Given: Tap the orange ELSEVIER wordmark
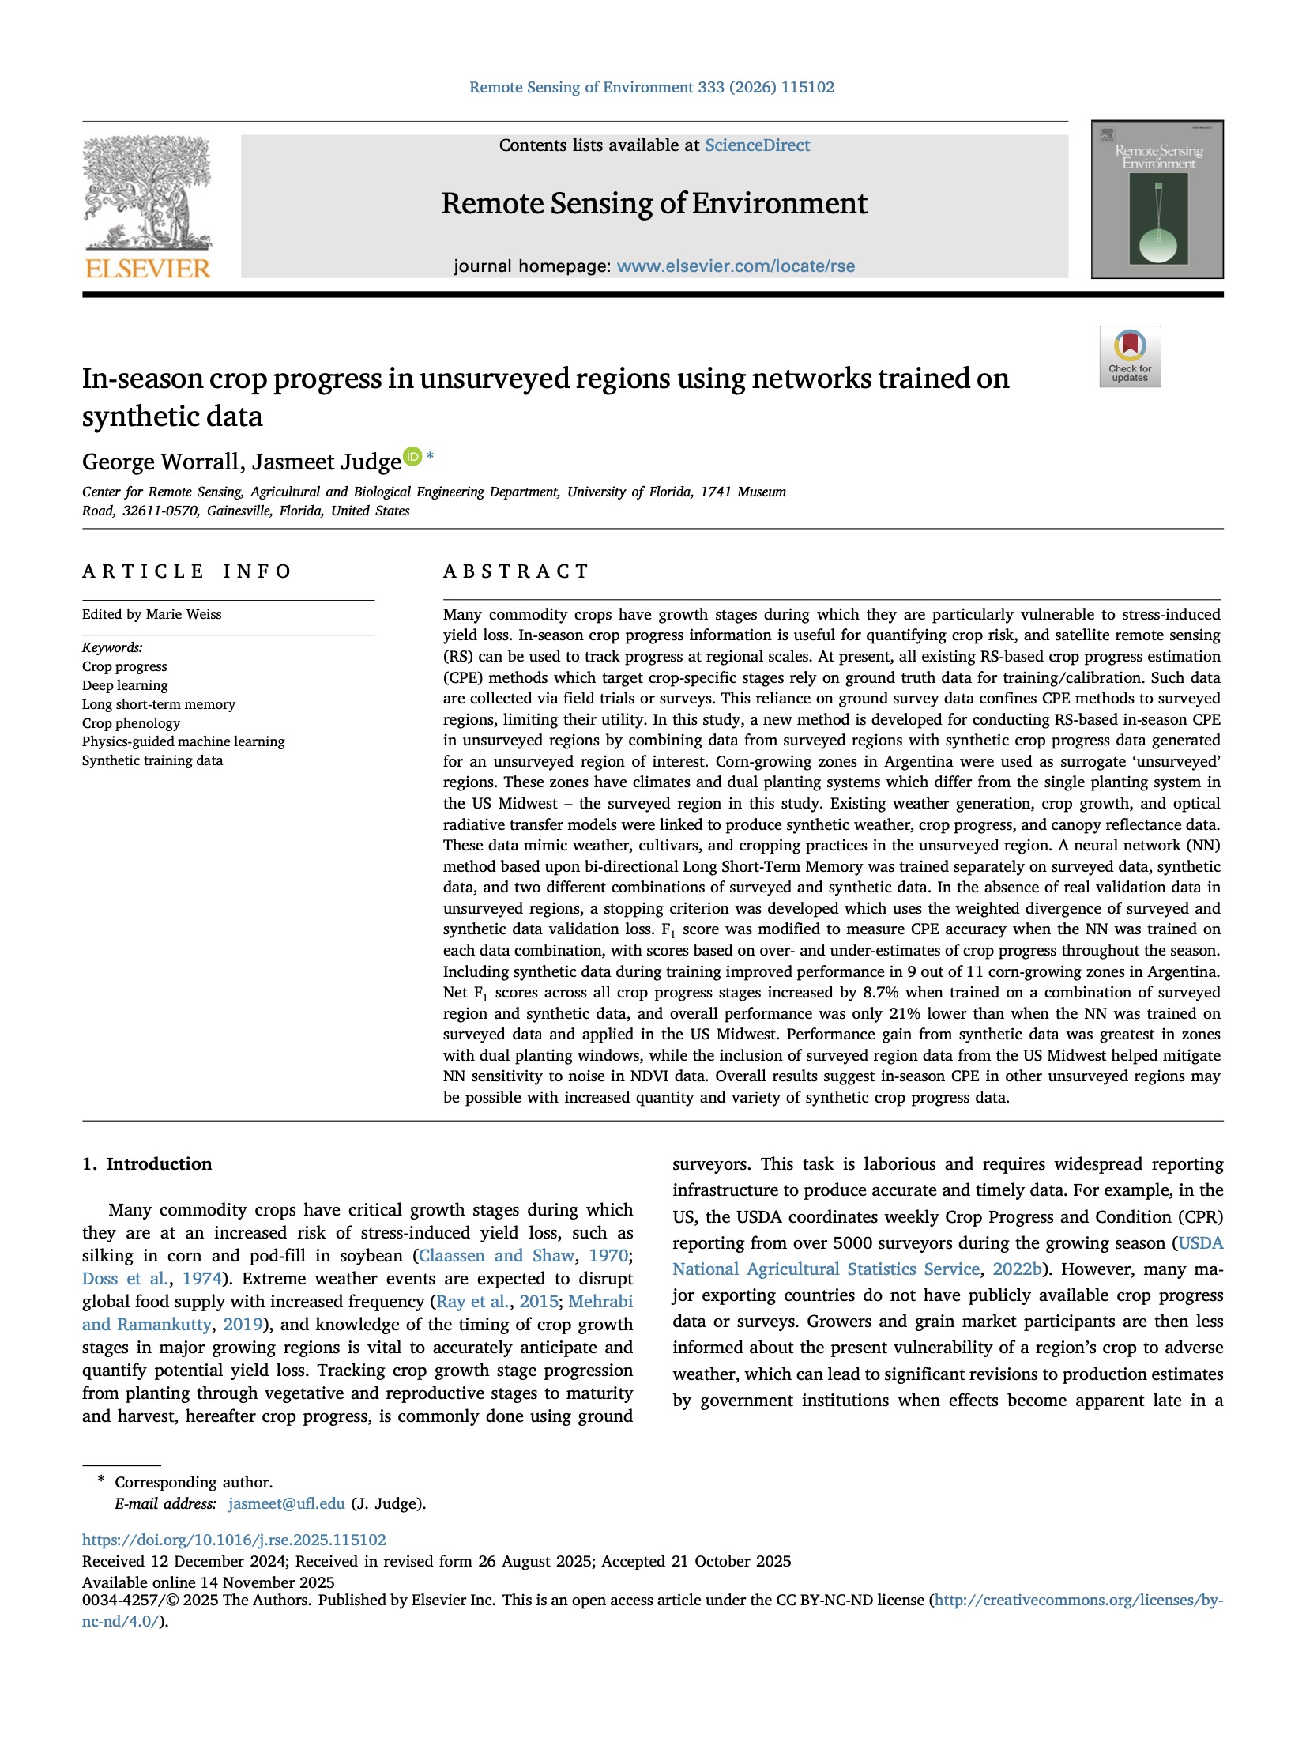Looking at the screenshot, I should coord(148,270).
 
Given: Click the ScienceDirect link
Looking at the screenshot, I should coord(757,145).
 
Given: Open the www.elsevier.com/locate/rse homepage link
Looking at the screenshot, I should coord(736,266).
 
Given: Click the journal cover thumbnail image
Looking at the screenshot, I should coord(1157,200).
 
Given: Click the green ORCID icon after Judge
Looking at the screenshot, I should coord(412,456).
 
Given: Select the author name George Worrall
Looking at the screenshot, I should coord(161,462).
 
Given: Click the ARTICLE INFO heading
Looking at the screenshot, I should coord(186,571).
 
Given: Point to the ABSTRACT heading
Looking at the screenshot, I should coord(516,571).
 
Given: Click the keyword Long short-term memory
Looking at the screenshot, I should coord(158,704).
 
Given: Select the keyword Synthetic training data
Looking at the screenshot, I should coord(152,760).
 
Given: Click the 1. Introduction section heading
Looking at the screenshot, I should coord(147,1163).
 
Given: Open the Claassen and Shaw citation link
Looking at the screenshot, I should coord(496,1256).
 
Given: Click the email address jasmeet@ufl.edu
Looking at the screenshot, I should coord(286,1503).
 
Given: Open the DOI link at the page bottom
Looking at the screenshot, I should coord(234,1540).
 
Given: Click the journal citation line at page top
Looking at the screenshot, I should coord(652,87).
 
